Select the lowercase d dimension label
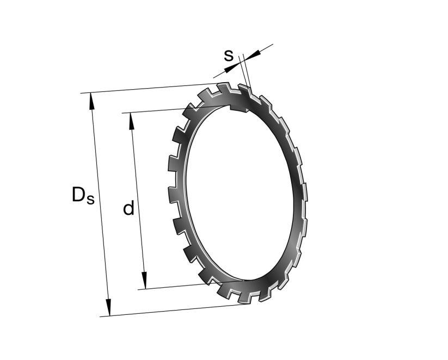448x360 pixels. click(x=128, y=208)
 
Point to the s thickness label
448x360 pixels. click(x=229, y=55)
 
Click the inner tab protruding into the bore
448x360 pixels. click(x=238, y=105)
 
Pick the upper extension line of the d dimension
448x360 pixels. click(x=158, y=110)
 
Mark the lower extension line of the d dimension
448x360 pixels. click(x=169, y=287)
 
